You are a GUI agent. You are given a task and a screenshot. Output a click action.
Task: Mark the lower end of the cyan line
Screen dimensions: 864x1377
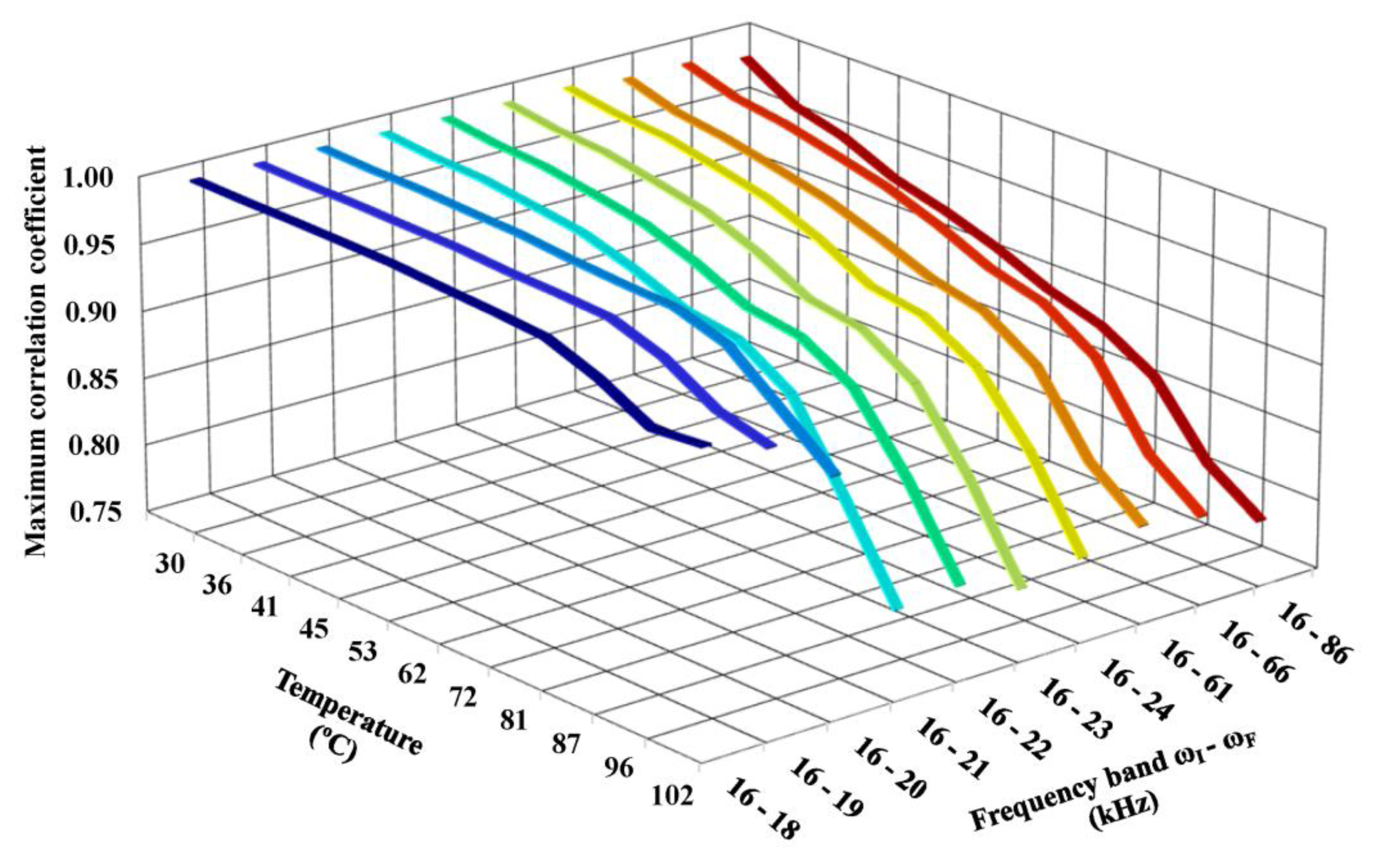[x=895, y=606]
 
